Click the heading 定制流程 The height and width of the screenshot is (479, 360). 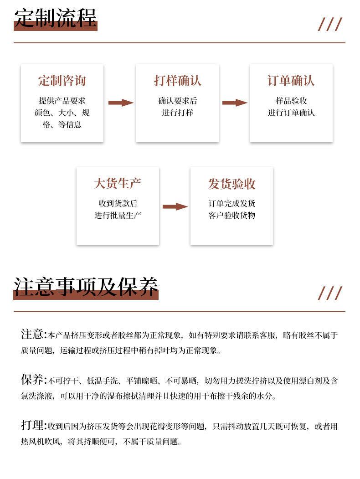click(x=56, y=18)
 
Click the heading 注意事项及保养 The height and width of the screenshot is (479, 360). click(x=86, y=287)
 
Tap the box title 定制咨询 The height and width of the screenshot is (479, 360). click(x=62, y=81)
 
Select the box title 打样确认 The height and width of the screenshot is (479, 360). click(x=177, y=81)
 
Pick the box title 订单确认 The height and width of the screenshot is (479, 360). click(x=291, y=81)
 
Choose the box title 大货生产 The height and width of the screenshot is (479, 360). click(x=118, y=184)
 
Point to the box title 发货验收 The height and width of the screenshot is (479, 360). click(x=231, y=184)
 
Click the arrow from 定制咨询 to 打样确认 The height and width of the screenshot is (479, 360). click(x=121, y=103)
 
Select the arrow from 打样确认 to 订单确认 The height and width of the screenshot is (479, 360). click(x=235, y=103)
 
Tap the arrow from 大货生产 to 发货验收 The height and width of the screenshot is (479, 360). click(x=175, y=206)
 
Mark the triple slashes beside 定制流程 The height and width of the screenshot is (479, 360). click(x=329, y=24)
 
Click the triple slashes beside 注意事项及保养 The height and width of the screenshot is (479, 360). click(x=329, y=293)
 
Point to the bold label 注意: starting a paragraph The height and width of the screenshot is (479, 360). click(x=34, y=334)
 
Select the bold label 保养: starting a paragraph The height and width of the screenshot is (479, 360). click(x=34, y=380)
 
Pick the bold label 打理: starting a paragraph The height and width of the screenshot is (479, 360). click(x=34, y=425)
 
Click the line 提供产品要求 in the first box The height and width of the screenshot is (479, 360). click(x=62, y=101)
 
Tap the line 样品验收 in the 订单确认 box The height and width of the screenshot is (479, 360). click(x=291, y=101)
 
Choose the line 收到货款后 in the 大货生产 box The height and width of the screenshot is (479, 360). click(x=118, y=203)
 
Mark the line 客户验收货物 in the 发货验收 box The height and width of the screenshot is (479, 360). click(x=231, y=215)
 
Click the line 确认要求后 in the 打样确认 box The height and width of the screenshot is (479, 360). click(x=177, y=101)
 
